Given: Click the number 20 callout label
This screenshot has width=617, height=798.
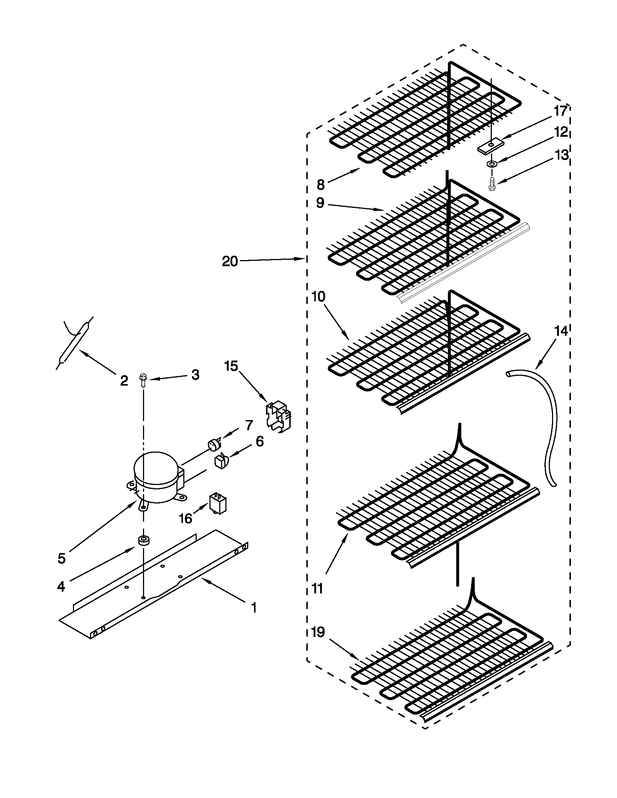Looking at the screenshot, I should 230,262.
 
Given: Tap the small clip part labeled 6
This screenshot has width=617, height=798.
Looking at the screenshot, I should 220,461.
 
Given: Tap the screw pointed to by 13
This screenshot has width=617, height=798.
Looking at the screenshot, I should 492,183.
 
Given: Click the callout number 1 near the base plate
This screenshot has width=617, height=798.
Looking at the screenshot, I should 253,608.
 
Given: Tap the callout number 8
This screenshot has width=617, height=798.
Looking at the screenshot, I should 320,185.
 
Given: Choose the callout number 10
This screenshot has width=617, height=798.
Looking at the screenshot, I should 318,297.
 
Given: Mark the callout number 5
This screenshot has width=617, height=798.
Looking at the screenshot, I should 61,558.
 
